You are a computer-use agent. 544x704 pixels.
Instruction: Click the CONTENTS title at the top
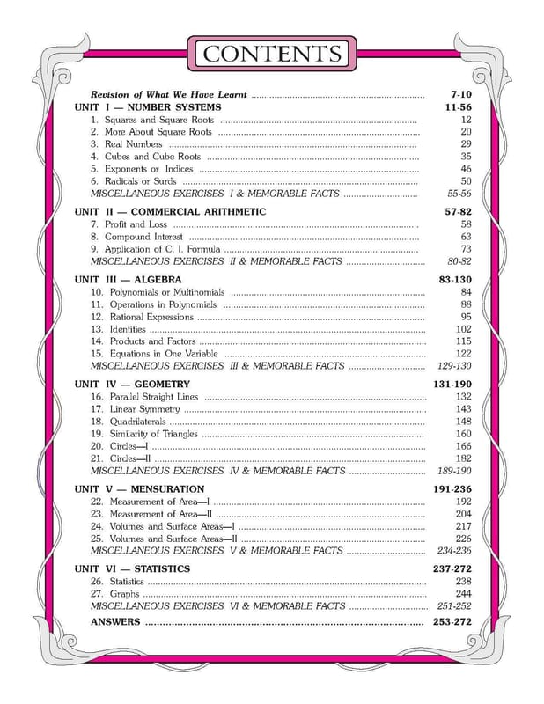(x=271, y=54)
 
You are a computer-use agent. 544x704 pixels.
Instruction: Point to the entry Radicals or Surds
(x=140, y=181)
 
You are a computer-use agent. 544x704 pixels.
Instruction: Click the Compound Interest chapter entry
(x=143, y=237)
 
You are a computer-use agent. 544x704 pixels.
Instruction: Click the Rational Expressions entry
(x=148, y=317)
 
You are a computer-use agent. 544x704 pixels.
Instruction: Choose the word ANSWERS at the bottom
(x=115, y=622)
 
